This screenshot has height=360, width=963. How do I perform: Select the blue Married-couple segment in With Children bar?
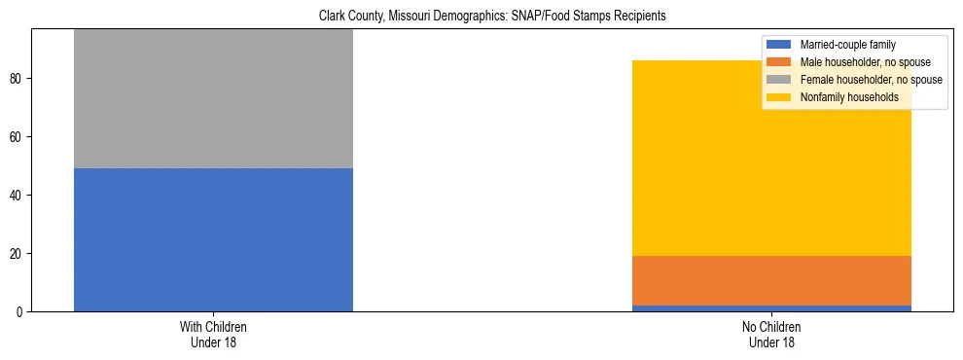coord(213,239)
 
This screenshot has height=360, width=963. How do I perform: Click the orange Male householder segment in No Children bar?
coord(771,280)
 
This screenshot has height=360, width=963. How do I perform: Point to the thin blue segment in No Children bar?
coord(771,308)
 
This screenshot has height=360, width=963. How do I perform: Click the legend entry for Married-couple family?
coord(847,45)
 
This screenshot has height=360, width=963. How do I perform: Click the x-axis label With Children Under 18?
coord(213,335)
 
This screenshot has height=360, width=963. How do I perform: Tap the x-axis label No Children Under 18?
coord(771,335)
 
